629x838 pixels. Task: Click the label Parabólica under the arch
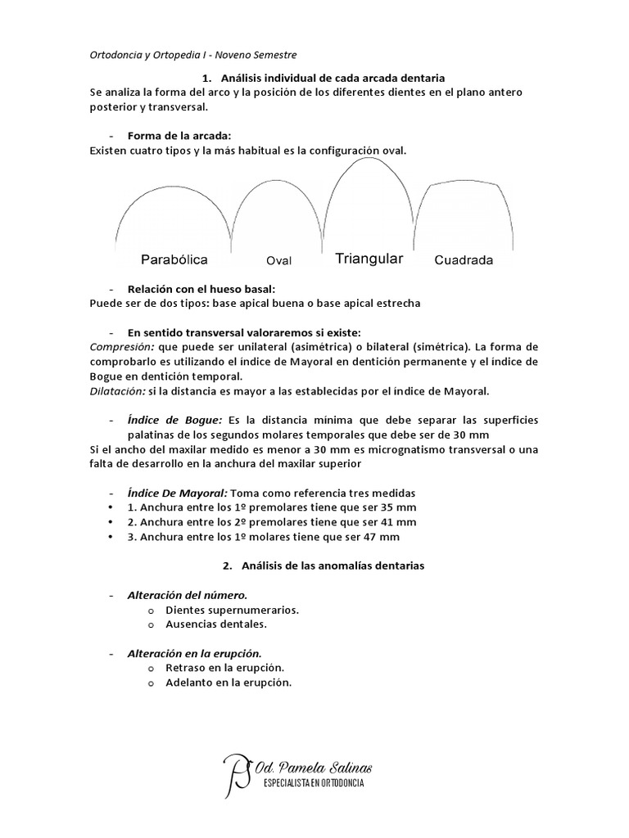click(174, 259)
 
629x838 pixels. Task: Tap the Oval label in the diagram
click(279, 261)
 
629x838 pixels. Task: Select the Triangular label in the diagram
click(369, 259)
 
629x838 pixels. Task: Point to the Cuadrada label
click(464, 261)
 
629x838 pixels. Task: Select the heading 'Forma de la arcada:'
click(179, 135)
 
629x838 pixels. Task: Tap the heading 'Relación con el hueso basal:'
click(201, 289)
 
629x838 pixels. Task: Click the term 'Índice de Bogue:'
click(174, 419)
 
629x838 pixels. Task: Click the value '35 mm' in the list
click(396, 507)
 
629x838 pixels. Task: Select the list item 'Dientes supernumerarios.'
click(232, 610)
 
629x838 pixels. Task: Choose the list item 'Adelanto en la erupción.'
click(229, 683)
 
